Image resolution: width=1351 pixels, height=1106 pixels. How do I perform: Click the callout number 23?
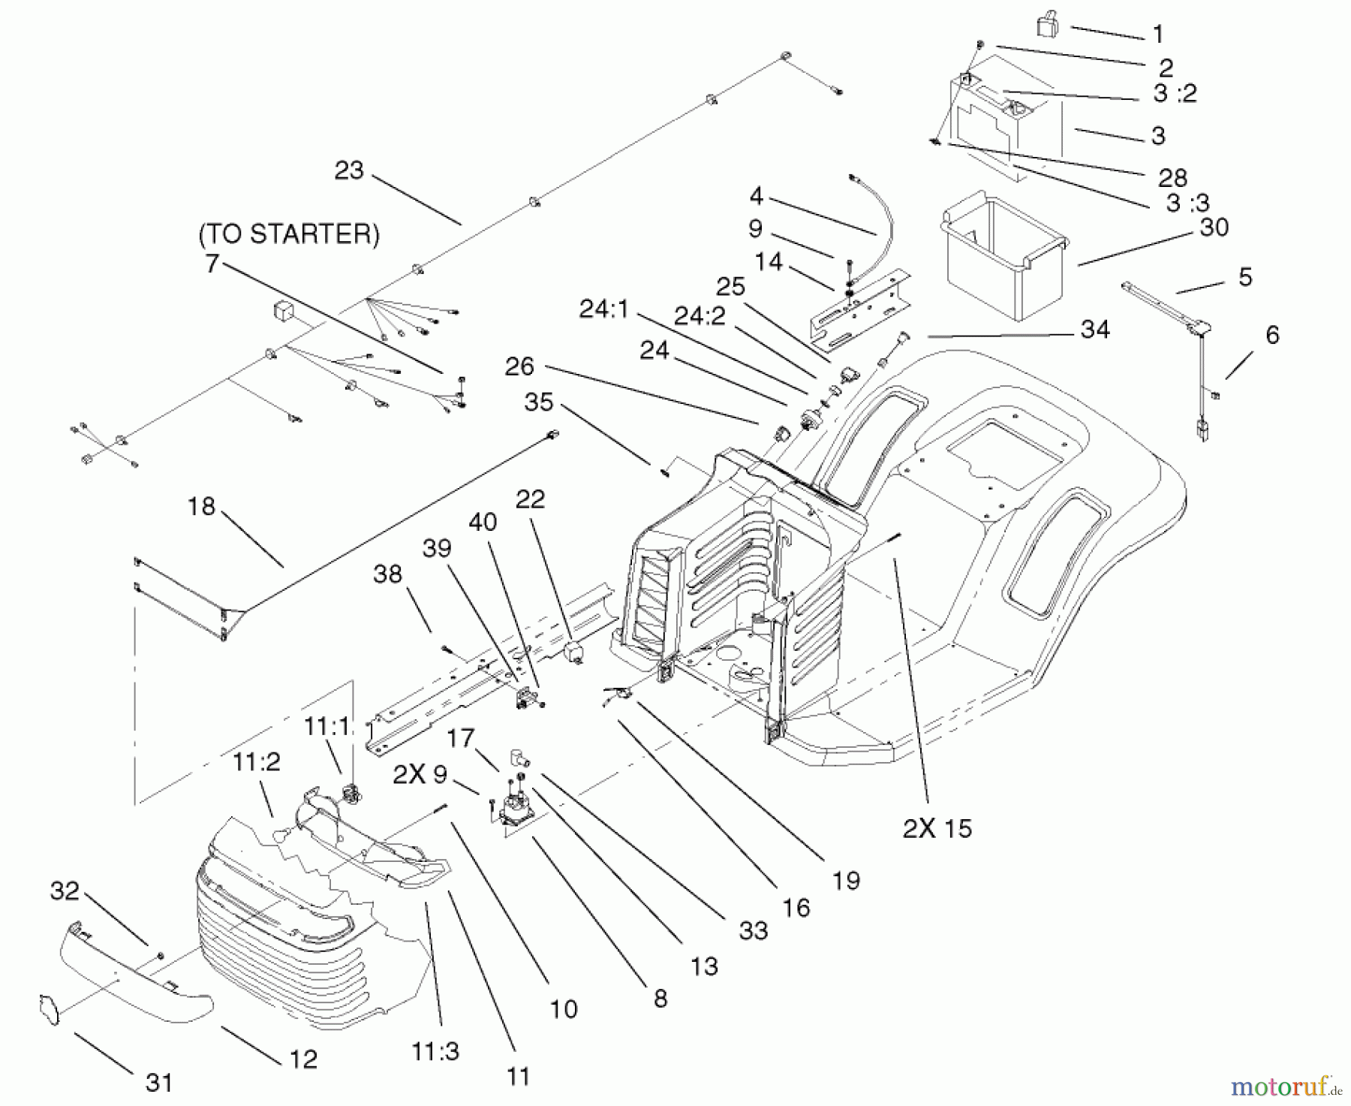349,170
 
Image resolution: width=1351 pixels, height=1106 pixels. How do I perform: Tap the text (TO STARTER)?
289,234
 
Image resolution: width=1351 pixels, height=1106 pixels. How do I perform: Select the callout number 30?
1214,227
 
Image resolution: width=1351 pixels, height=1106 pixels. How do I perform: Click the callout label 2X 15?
937,828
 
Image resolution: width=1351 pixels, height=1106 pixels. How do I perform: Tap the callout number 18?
201,507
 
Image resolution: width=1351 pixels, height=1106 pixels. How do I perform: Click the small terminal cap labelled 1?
1047,26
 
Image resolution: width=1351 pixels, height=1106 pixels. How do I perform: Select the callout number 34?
1095,329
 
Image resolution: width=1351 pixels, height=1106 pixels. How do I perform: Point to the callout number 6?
1272,334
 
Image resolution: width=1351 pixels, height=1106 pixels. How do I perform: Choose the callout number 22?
530,499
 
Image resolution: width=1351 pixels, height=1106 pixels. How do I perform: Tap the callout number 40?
482,522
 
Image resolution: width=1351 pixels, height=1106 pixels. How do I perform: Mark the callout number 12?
303,1059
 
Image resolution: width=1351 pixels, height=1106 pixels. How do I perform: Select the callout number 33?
753,931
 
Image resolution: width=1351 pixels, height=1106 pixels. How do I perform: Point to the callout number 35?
539,402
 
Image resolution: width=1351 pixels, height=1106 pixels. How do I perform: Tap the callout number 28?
1172,177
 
